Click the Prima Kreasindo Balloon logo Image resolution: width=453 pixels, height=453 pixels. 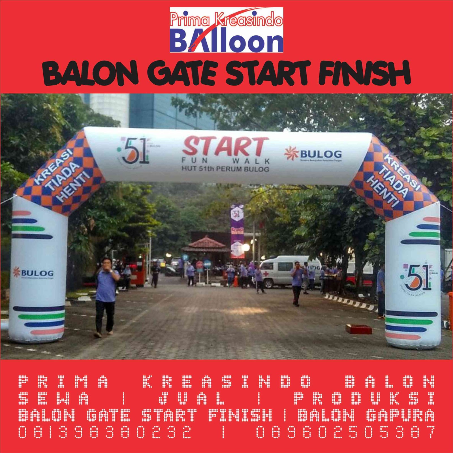[x=226, y=30]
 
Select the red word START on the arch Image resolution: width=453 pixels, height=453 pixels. [x=225, y=147]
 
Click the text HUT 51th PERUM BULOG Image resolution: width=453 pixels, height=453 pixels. [x=225, y=169]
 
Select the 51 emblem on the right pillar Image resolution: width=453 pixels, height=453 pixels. [x=416, y=277]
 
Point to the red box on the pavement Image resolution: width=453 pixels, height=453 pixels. [x=358, y=329]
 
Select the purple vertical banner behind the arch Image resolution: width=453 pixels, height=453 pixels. [x=237, y=231]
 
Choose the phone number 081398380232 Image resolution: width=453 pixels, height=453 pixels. [x=105, y=432]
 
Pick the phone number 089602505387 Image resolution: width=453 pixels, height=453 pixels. [x=346, y=432]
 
